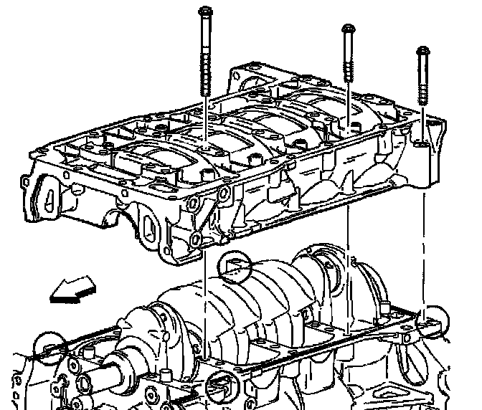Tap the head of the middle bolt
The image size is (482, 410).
click(x=348, y=30)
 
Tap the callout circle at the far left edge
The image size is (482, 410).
click(x=49, y=347)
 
